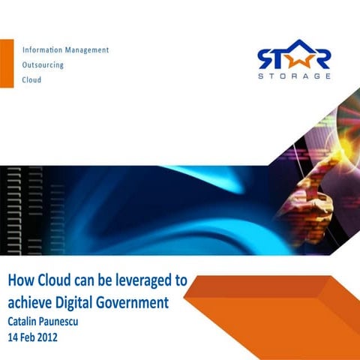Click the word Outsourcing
pos(43,64)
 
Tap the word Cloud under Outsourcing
pos(31,79)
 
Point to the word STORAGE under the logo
pos(293,76)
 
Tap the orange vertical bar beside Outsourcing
pos(7,64)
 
